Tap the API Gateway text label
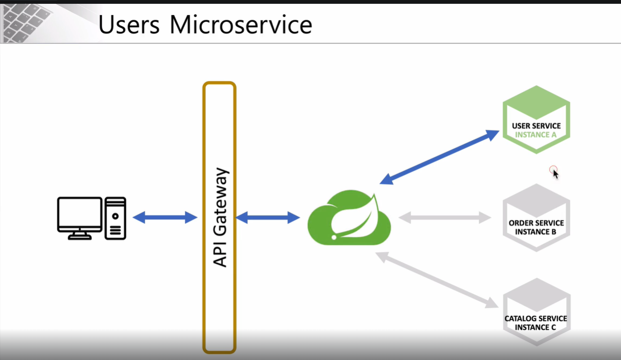click(x=220, y=217)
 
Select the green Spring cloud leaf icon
click(x=349, y=218)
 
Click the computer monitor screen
click(x=80, y=214)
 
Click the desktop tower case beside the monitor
click(x=115, y=218)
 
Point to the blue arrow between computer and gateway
click(x=165, y=217)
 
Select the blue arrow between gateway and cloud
click(x=267, y=218)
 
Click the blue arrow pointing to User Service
click(x=440, y=157)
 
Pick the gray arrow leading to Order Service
click(x=445, y=218)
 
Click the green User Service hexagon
click(x=536, y=119)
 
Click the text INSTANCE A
click(x=536, y=135)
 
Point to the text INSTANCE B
click(x=536, y=232)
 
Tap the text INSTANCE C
click(x=536, y=327)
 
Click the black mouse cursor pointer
click(x=555, y=174)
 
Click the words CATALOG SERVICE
click(x=536, y=318)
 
